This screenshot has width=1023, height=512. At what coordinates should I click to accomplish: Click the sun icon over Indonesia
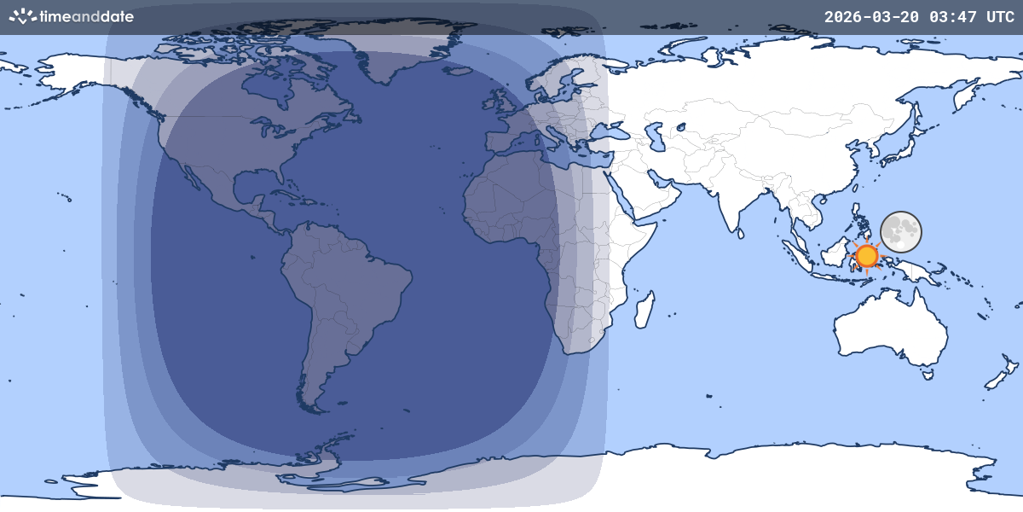[x=867, y=255]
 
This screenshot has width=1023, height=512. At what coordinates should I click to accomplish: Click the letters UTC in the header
[x=1000, y=16]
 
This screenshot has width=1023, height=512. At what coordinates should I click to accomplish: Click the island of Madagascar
[x=645, y=309]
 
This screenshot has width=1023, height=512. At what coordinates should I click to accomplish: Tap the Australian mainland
[x=891, y=329]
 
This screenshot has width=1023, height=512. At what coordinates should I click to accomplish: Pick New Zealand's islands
[x=997, y=380]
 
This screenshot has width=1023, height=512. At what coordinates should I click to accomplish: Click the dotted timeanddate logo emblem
[x=22, y=16]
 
